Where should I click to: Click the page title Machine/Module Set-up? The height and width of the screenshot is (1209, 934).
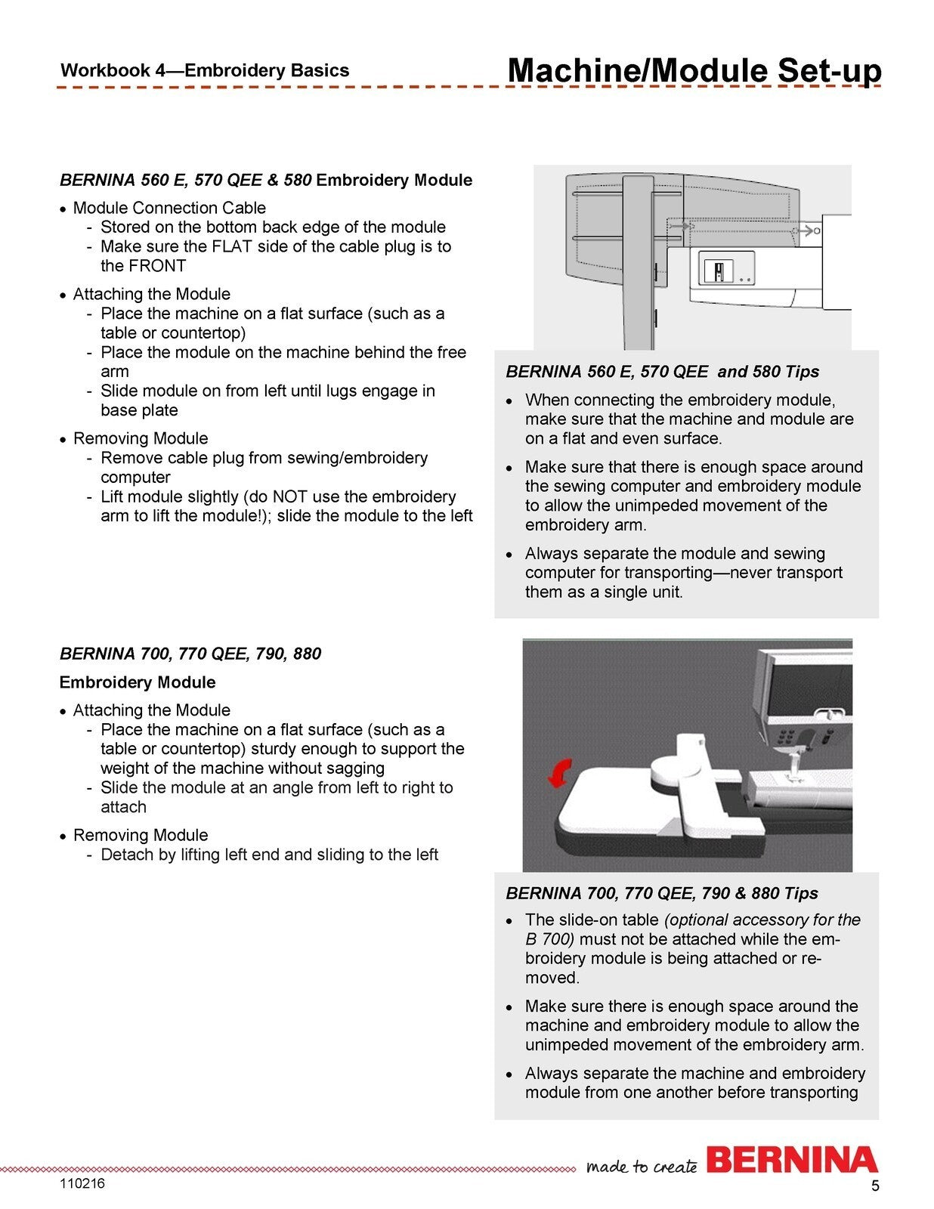coord(694,70)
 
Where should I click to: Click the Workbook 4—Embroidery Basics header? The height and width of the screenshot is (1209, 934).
coord(205,71)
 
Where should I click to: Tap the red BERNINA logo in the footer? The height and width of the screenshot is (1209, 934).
coord(791,1160)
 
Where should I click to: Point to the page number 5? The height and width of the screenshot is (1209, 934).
coord(875,1186)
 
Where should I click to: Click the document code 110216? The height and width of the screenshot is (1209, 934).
coord(82,1183)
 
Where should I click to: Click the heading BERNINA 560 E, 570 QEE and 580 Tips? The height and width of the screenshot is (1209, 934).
coord(662,372)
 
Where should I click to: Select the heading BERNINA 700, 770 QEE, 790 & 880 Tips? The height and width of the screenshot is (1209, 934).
coord(662,893)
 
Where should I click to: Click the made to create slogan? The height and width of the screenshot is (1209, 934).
coord(642,1166)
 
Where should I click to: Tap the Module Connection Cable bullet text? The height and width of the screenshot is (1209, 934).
coord(169,208)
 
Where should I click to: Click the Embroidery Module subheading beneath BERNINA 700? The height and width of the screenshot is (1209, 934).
coord(138,682)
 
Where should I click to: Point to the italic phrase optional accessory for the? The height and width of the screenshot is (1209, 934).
coord(762,920)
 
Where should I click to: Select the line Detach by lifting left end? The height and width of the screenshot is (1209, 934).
coord(269,855)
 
